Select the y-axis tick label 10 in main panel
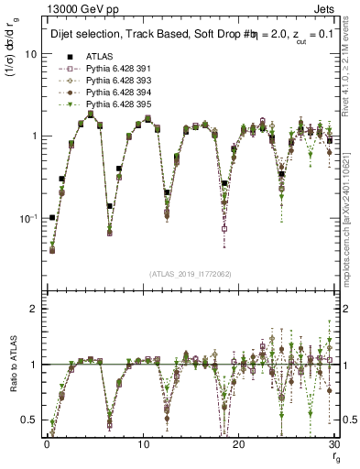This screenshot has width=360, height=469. [x=30, y=54]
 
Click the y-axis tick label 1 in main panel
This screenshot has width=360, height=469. [x=34, y=136]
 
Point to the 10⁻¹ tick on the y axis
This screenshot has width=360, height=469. [x=29, y=218]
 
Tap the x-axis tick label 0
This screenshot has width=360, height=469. [x=46, y=444]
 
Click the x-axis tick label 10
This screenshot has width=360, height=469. [x=143, y=444]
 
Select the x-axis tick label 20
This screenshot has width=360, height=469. [x=239, y=444]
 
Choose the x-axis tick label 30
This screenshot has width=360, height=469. [x=335, y=444]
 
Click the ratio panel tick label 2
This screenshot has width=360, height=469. [x=34, y=309]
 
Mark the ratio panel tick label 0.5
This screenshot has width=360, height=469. [x=29, y=420]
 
